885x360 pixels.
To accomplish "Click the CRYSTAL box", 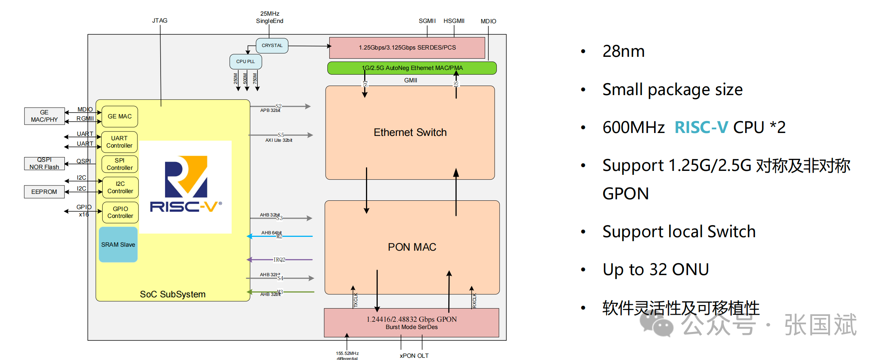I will coord(272,46).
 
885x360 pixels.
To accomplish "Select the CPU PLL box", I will coord(245,62).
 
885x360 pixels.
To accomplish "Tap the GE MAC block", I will coord(120,116).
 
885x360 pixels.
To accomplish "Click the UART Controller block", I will coord(119,142).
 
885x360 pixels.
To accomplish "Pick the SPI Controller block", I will coord(119,164).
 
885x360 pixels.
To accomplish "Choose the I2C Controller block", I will coord(120,187).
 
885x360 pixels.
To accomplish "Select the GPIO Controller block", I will coord(120,212).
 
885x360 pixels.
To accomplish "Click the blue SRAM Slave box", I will coord(118,244).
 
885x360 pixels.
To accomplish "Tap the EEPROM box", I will coord(44,192).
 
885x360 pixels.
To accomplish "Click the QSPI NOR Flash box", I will coord(44,163).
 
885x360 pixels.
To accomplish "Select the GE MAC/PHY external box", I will coord(44,116).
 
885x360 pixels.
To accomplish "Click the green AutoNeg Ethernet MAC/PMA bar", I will coord(412,68).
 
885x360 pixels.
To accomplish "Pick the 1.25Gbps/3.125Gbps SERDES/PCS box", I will coord(407,47).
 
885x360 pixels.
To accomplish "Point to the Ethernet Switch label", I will coord(410,132).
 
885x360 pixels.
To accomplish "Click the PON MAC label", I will coord(412,247).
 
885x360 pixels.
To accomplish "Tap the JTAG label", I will coord(160,20).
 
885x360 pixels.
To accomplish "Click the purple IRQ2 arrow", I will coord(279,260).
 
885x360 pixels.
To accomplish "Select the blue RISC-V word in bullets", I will coord(701,127).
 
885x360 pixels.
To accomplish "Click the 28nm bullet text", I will coord(624,51).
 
